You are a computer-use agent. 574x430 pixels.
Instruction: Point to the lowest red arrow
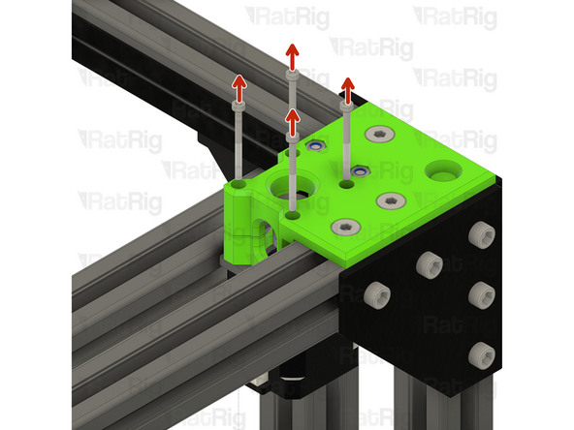(291, 120)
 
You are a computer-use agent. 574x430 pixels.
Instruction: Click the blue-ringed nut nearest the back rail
(314, 146)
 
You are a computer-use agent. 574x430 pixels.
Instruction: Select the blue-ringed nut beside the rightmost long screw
(361, 171)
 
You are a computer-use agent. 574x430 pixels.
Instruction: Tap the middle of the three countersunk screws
(389, 201)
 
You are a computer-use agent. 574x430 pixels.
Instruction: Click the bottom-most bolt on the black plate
(478, 355)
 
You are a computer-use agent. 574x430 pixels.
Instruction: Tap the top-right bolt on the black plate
(478, 233)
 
